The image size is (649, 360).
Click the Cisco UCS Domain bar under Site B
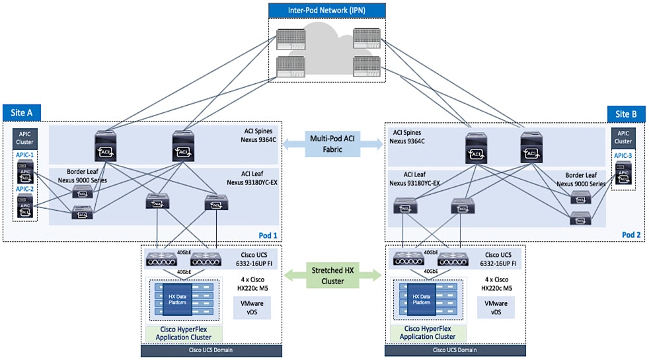click(x=457, y=350)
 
